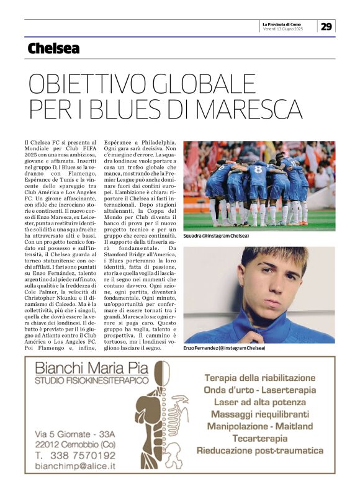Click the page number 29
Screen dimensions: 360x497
[x=327, y=26]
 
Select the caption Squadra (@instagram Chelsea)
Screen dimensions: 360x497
[x=216, y=236]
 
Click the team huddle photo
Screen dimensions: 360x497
[x=259, y=186]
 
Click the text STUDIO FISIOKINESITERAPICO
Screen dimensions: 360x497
[x=92, y=379]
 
